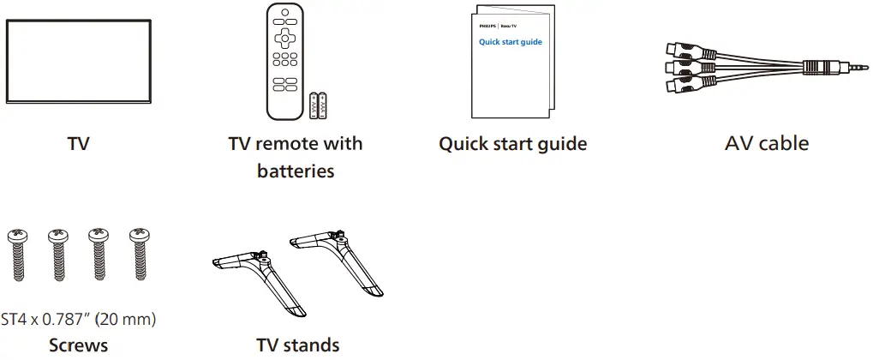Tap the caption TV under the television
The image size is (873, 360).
(x=79, y=144)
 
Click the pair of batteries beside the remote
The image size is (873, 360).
(x=318, y=105)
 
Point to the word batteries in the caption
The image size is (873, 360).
(x=296, y=171)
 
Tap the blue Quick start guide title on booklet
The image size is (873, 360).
(x=510, y=42)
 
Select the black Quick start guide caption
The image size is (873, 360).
(x=512, y=144)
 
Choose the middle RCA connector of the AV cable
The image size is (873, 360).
(x=677, y=68)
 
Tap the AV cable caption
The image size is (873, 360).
(x=766, y=144)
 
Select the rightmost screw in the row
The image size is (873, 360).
(x=138, y=254)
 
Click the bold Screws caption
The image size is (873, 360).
(x=78, y=345)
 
